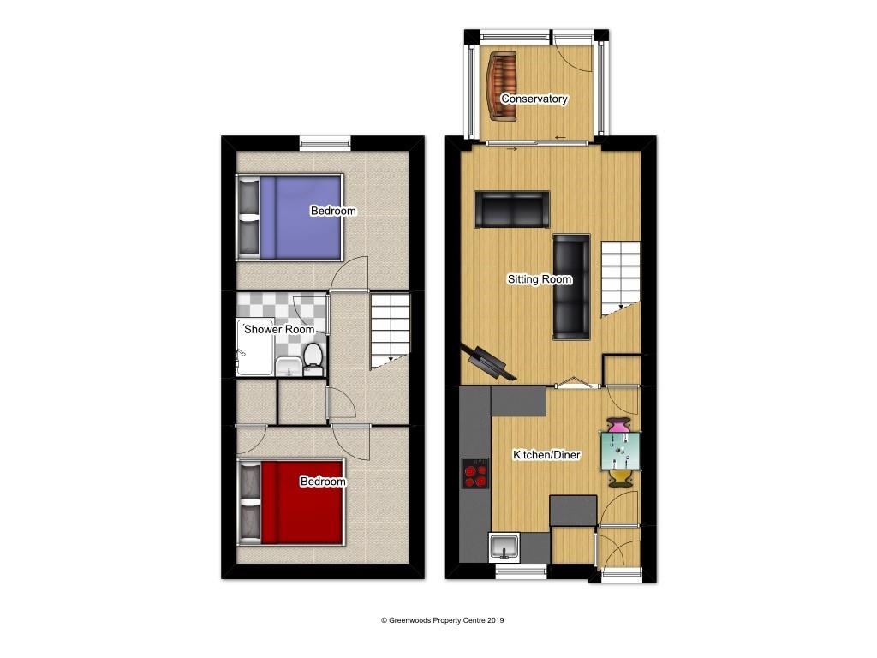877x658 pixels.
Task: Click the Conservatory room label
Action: [534, 99]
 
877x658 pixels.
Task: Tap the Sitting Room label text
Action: [540, 279]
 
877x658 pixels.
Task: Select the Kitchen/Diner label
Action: [546, 455]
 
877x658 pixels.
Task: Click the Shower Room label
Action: [279, 329]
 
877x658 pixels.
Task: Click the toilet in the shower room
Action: [313, 359]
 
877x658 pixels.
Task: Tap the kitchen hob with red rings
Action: [475, 473]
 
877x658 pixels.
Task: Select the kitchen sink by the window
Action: [504, 545]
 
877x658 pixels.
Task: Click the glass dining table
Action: [622, 451]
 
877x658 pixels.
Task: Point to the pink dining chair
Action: [618, 425]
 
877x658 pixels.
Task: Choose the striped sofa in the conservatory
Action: [501, 85]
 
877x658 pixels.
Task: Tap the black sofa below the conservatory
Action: [512, 210]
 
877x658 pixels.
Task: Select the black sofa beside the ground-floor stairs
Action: [570, 285]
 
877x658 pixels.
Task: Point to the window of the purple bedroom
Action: [325, 142]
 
